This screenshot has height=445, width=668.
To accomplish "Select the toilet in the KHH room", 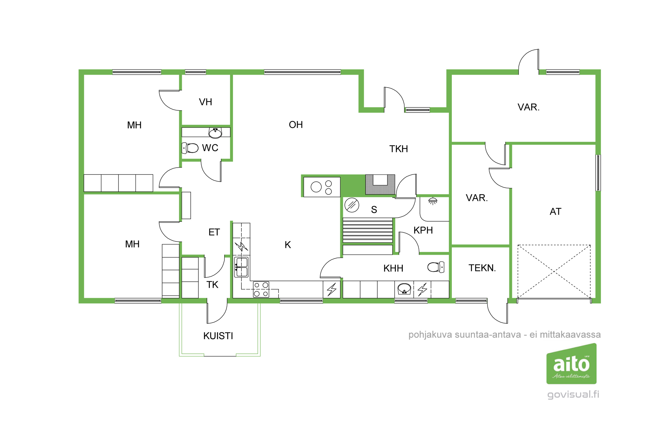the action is (x=436, y=267).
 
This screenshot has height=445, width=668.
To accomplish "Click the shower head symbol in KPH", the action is (x=433, y=201).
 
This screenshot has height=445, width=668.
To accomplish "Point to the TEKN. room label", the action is (x=482, y=268).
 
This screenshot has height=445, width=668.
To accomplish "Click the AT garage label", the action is (x=556, y=211).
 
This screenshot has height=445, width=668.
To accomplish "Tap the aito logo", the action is (x=571, y=364).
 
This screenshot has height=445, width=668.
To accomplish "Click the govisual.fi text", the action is (x=573, y=394).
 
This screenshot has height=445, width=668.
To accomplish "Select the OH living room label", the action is (x=296, y=125).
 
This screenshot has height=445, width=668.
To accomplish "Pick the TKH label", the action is (x=399, y=149).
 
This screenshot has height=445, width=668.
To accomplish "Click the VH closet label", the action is (x=205, y=102).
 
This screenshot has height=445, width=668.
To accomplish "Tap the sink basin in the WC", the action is (x=215, y=133).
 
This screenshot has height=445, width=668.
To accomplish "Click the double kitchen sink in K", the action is (x=241, y=267).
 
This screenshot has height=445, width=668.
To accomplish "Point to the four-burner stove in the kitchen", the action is (x=261, y=289).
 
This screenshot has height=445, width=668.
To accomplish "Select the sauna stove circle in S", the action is (x=352, y=205).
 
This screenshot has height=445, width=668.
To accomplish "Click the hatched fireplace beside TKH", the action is (x=380, y=184).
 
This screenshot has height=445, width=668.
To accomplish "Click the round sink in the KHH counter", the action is (x=404, y=288).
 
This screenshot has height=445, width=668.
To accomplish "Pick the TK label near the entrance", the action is (x=212, y=285).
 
